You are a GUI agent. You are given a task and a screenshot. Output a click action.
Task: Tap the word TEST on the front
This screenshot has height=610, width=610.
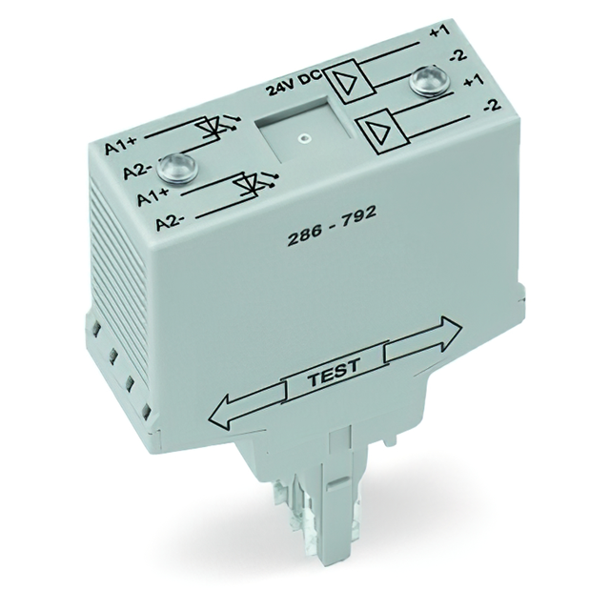pos(334,379)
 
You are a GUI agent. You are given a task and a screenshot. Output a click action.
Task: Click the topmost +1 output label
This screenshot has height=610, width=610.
pos(438,33)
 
